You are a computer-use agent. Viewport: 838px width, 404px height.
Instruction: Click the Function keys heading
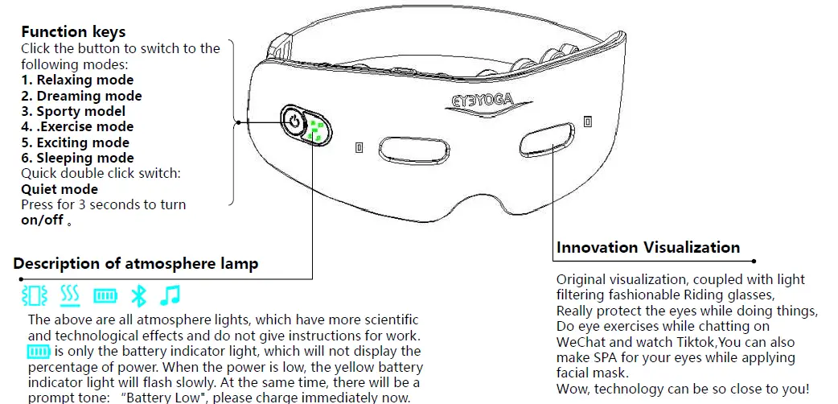pos(73,32)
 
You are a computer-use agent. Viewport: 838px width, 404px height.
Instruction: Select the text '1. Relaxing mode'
pos(77,80)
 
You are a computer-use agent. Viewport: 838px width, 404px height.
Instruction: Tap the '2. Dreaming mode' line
pos(81,96)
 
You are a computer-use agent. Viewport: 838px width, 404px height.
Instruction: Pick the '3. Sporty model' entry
pos(73,111)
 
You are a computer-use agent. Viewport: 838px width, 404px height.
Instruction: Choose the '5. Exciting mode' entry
pos(75,142)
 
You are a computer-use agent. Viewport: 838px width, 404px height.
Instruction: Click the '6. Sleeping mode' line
pos(77,158)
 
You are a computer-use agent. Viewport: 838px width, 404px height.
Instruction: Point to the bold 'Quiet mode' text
pos(60,189)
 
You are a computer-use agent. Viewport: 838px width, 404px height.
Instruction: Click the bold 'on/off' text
pos(42,221)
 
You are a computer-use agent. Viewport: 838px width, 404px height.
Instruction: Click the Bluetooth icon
pos(138,296)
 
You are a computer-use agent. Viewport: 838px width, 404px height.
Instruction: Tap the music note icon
pos(169,296)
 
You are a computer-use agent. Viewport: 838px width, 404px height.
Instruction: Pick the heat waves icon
pos(70,296)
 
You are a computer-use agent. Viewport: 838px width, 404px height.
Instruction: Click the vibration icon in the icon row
pos(35,296)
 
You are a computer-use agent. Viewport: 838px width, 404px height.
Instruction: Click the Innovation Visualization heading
pos(648,247)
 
